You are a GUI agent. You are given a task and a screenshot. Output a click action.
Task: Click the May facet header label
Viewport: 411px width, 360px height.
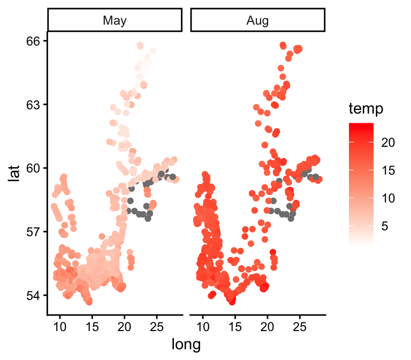coord(115,21)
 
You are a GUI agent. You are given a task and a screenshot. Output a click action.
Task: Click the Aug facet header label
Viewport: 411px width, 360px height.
coord(257,21)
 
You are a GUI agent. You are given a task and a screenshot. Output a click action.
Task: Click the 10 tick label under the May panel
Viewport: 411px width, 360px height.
coord(60,326)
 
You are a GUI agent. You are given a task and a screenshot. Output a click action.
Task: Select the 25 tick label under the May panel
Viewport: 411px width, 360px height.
coord(157,326)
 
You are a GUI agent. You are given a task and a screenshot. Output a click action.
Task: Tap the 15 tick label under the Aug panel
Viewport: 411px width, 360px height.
coord(235,326)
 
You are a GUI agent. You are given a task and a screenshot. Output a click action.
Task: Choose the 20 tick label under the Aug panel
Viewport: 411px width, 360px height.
coord(268,326)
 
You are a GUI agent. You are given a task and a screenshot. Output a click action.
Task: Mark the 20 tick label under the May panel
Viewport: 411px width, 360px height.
coord(125,326)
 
